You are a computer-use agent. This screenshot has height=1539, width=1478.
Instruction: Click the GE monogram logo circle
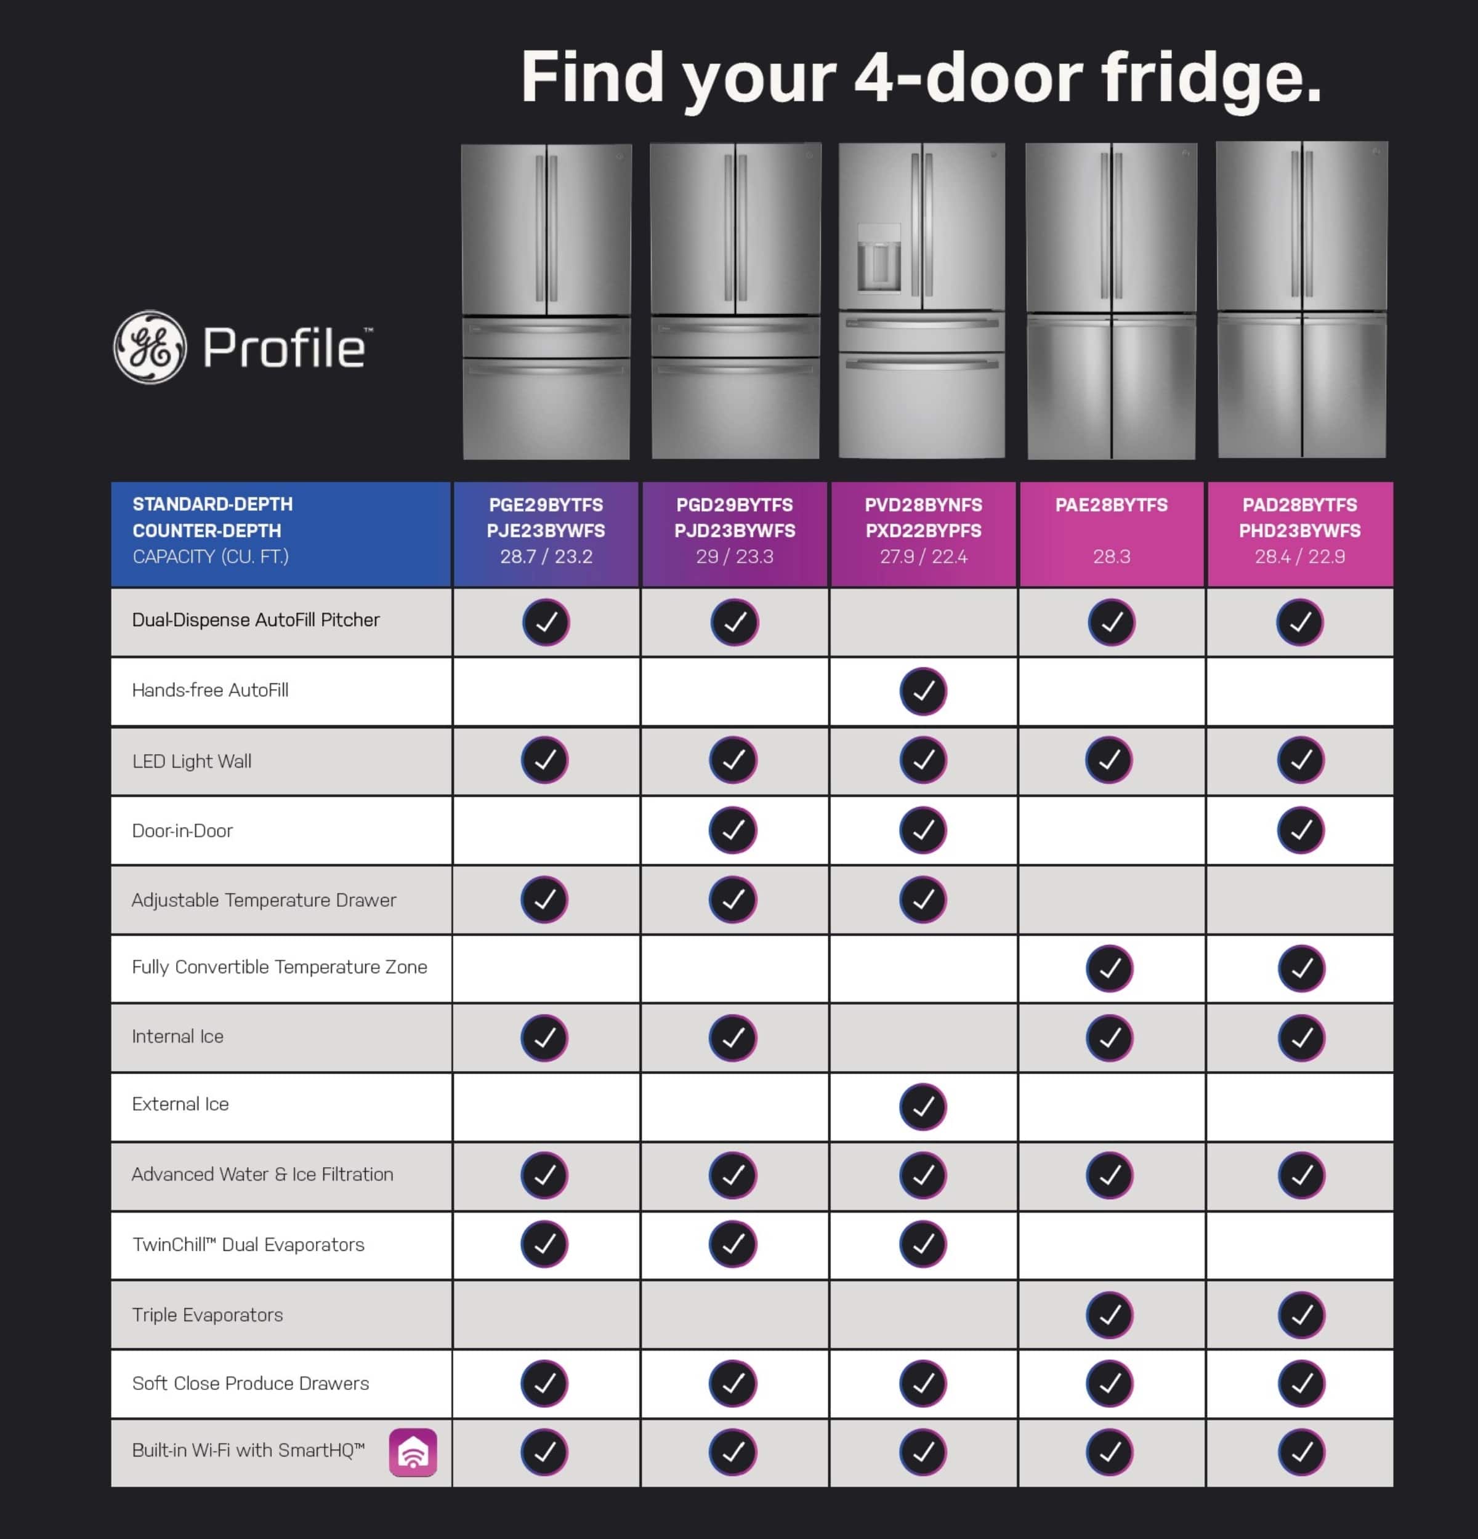(150, 347)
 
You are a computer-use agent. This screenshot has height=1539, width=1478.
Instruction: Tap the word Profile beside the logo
(285, 348)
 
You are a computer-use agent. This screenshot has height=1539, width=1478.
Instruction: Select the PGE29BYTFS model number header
(546, 505)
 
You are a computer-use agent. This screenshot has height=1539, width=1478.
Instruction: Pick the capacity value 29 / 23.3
(734, 557)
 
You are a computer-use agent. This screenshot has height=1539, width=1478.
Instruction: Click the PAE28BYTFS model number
(1111, 505)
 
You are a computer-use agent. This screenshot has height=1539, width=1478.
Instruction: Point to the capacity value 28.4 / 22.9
(1300, 557)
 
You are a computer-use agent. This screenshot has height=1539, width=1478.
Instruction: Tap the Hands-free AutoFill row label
(211, 690)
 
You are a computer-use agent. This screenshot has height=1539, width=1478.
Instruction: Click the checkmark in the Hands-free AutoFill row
(923, 691)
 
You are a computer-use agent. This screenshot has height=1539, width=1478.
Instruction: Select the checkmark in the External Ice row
(923, 1106)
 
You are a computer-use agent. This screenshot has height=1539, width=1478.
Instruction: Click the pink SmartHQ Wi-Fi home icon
(413, 1452)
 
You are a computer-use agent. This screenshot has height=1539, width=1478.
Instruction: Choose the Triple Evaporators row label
(208, 1314)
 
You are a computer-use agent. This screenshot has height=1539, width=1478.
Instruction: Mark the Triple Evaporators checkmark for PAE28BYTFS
(1110, 1314)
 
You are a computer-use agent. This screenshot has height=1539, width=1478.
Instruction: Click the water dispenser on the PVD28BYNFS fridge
(879, 259)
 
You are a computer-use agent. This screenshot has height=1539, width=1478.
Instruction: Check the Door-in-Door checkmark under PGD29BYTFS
(733, 830)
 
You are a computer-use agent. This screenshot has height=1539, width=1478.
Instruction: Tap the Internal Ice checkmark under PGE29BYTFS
(544, 1037)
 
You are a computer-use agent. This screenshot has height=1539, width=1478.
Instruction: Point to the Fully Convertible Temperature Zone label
(280, 966)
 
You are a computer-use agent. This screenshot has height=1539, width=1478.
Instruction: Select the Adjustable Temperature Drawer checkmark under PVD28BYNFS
(923, 899)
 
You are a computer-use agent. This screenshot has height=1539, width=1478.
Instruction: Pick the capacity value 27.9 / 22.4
(924, 557)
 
